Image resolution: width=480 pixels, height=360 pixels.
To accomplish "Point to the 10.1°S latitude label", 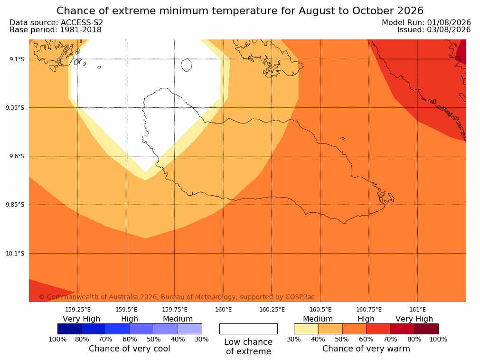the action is (15, 254).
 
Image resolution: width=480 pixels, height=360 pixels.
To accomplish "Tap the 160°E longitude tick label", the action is (223, 310).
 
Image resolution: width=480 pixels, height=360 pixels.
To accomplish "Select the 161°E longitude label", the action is (417, 310).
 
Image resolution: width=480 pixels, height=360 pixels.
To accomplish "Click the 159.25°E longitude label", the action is (78, 310).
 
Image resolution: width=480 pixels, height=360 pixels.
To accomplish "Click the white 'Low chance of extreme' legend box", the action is (248, 329).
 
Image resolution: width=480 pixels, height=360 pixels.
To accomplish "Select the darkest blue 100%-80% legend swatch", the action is (70, 329).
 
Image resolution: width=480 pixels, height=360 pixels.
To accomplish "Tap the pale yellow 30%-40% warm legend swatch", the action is (306, 329).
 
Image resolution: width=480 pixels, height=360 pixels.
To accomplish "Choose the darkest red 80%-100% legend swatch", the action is (426, 329).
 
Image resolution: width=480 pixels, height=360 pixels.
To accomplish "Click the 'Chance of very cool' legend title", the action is (130, 349).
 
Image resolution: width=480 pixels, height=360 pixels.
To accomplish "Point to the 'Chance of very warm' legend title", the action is (366, 349).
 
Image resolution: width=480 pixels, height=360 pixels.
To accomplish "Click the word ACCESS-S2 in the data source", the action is (82, 23).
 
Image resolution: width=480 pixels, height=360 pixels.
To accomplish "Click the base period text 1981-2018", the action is (81, 30).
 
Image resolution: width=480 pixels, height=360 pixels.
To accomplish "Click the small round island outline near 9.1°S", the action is (187, 65).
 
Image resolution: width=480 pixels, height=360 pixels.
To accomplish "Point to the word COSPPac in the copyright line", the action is (300, 297).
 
